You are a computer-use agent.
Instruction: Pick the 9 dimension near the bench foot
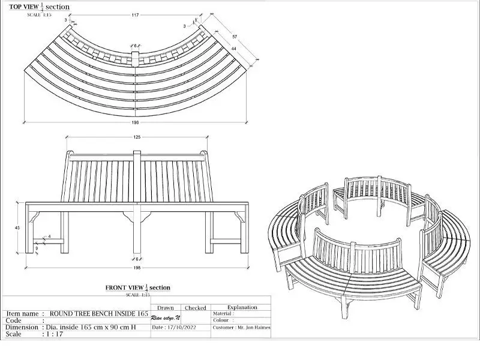coord(37,248)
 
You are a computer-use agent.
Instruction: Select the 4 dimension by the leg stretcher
coord(49,237)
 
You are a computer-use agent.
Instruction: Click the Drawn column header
coord(165,308)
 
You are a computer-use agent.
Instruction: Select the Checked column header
coord(195,308)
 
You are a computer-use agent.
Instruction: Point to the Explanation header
coord(242,307)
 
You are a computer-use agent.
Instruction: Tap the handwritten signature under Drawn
coord(166,317)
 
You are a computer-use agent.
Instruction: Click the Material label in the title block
coord(223,313)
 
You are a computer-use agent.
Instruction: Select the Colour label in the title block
coord(222,320)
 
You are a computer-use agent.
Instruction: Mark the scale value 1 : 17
coord(57,334)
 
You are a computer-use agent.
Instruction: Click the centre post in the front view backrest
coord(137,177)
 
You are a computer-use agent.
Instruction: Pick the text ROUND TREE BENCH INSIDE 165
coord(98,313)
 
